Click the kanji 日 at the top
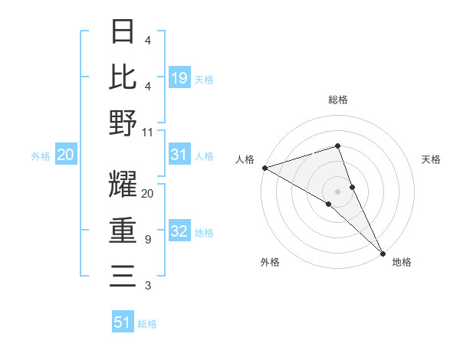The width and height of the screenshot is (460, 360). [123, 33]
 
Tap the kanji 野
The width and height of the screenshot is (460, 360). [123, 123]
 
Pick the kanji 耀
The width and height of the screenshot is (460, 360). [123, 186]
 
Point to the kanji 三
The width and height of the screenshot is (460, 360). [123, 277]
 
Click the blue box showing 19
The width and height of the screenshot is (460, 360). [179, 78]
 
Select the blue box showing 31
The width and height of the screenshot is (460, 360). [179, 155]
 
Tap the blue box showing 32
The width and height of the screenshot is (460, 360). [179, 231]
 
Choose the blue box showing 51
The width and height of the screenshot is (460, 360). [123, 322]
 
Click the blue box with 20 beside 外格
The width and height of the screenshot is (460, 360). [65, 155]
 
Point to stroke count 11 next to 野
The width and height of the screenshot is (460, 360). [147, 132]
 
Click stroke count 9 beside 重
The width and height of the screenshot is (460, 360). [147, 240]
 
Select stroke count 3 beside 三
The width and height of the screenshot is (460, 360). [147, 286]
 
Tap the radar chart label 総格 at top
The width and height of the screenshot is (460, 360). [338, 100]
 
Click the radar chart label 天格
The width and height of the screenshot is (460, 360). [431, 159]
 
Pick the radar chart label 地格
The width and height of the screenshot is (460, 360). [402, 262]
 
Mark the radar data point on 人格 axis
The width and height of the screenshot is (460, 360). [264, 167]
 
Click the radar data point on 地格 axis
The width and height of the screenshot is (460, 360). [383, 253]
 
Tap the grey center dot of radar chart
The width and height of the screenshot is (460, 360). [338, 191]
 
